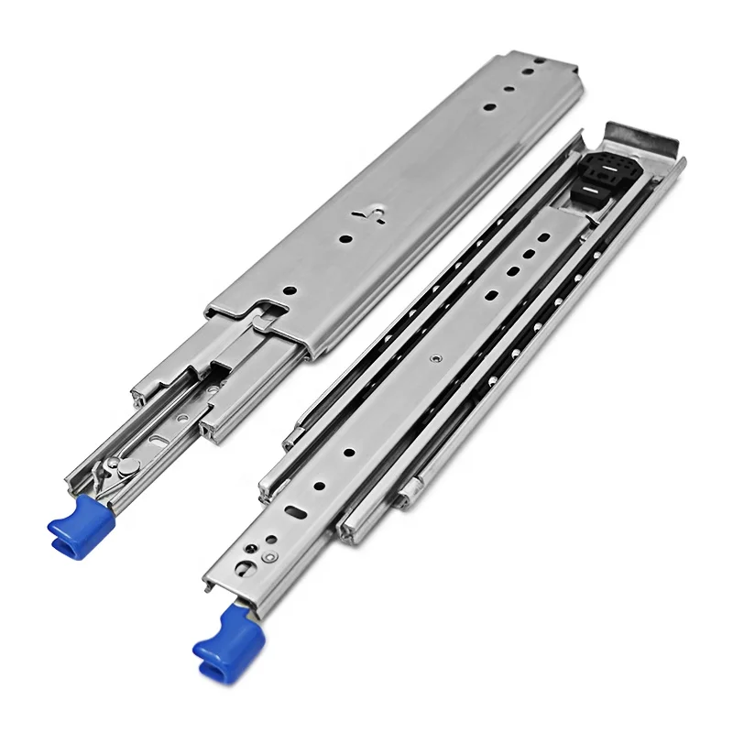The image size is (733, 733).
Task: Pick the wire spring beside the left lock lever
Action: (x=137, y=458)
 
